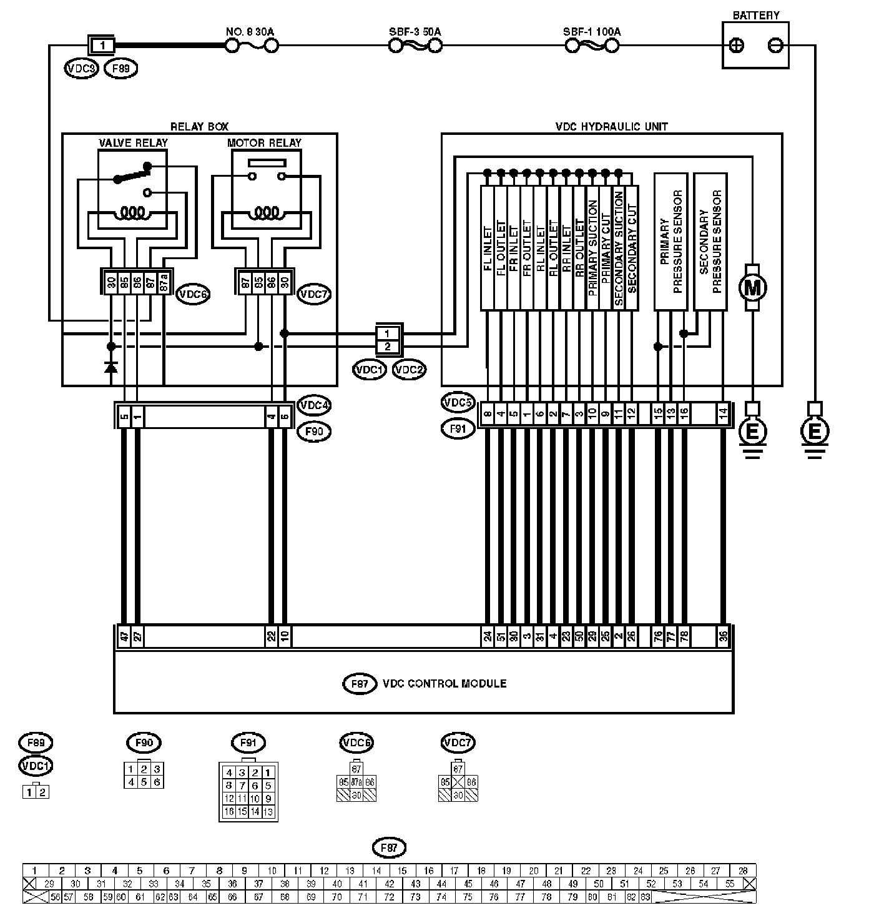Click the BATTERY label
(x=755, y=15)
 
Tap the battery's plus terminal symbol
(x=737, y=45)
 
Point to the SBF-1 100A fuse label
(x=592, y=31)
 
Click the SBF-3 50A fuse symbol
(x=416, y=46)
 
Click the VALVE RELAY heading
(x=133, y=142)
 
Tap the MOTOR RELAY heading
(x=264, y=142)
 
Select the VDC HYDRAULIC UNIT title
(x=611, y=126)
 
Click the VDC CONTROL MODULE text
(x=444, y=683)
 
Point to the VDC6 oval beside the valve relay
(x=192, y=293)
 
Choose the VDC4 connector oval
(x=314, y=405)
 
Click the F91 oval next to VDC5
(x=458, y=429)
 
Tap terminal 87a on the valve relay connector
(x=164, y=282)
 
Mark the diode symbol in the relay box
(x=111, y=367)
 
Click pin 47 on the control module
(x=124, y=637)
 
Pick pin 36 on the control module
(x=723, y=637)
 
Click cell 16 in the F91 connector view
(x=229, y=812)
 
